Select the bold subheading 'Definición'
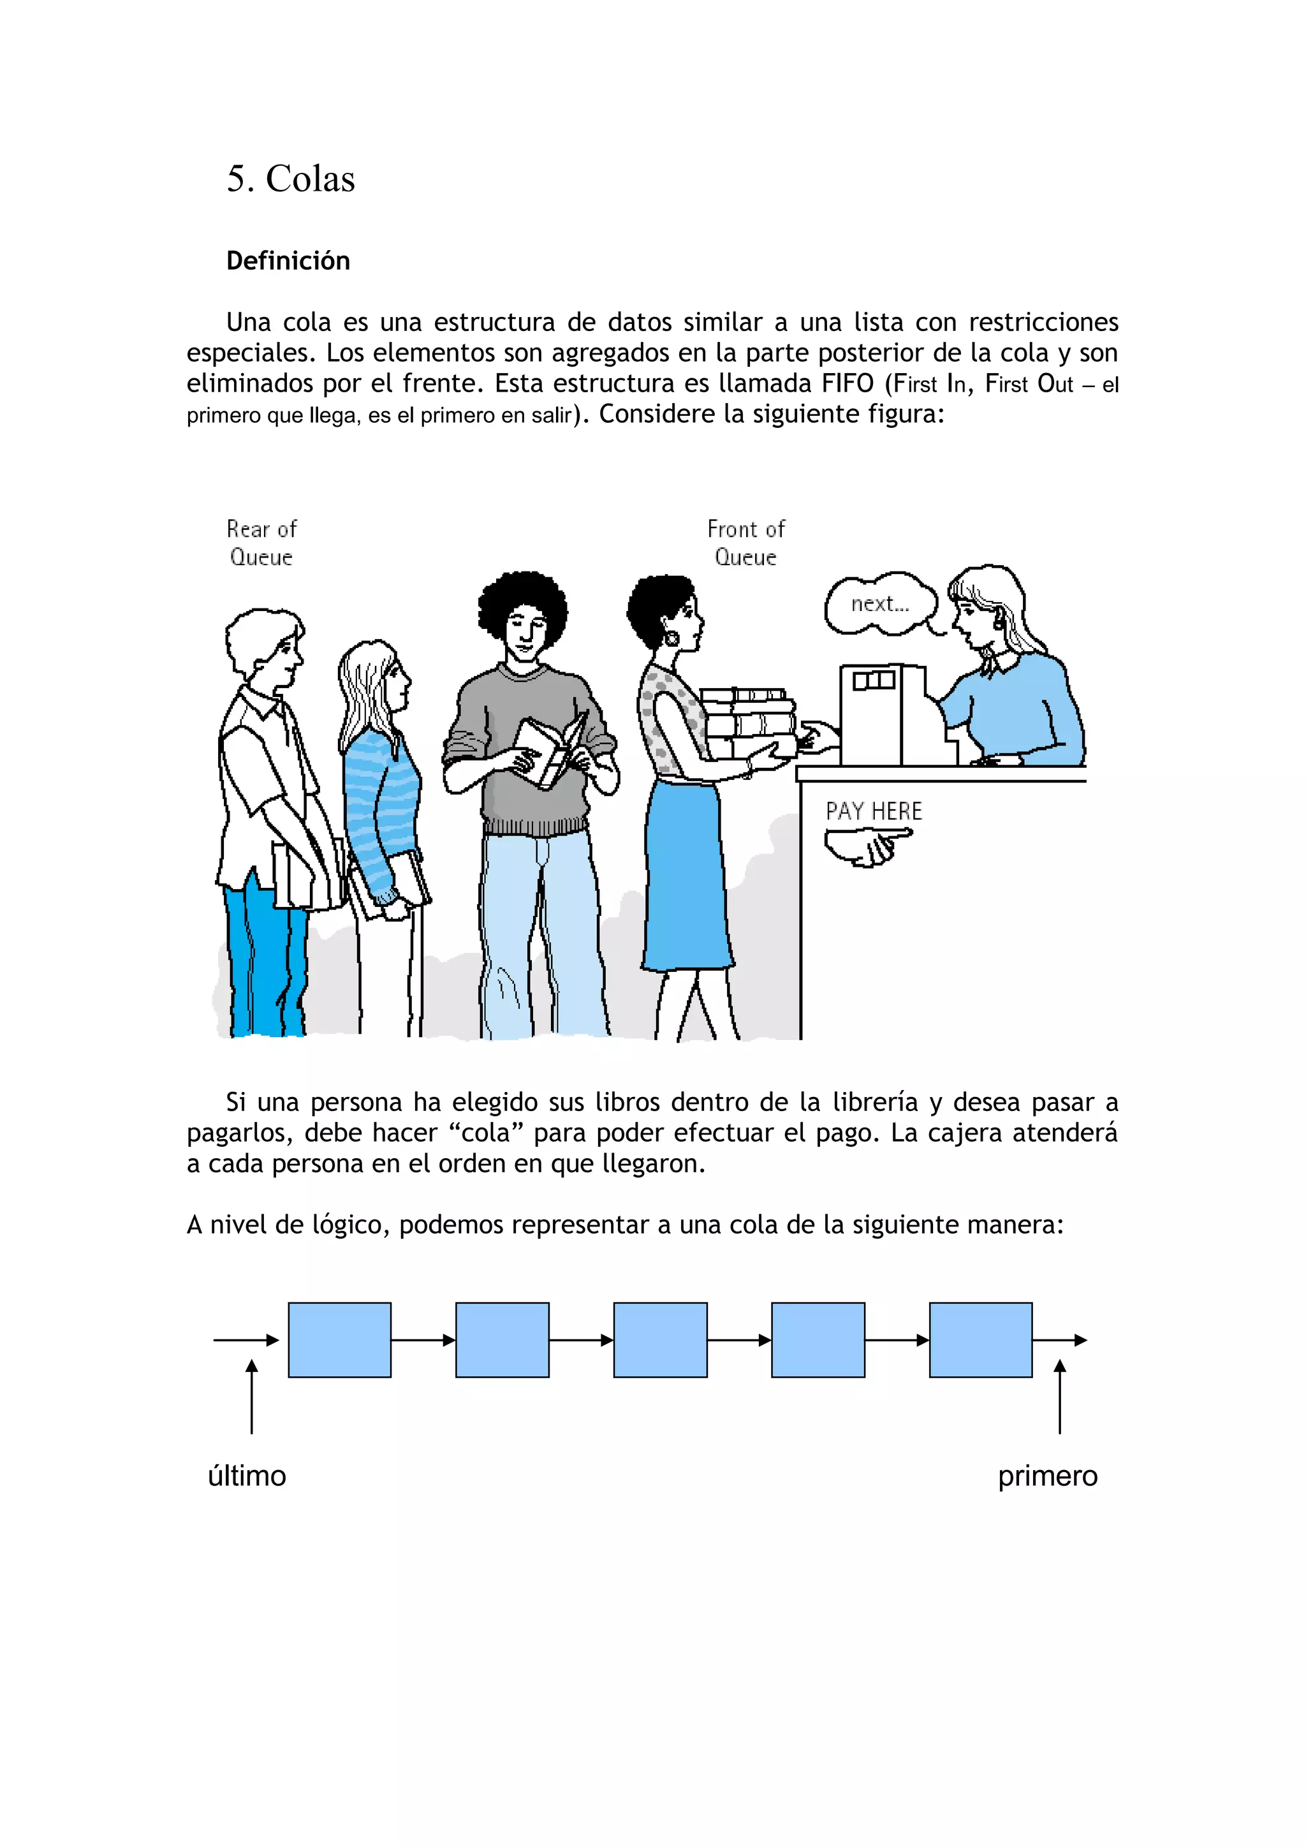coord(288,261)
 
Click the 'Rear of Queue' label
coord(261,543)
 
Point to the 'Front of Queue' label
coord(745,543)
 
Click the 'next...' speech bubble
coord(880,603)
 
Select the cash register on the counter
coord(884,716)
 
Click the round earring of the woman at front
coord(671,638)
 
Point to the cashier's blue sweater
coord(1017,708)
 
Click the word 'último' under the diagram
coord(247,1476)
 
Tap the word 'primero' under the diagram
coord(1047,1476)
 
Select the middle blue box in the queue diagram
coord(660,1340)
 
